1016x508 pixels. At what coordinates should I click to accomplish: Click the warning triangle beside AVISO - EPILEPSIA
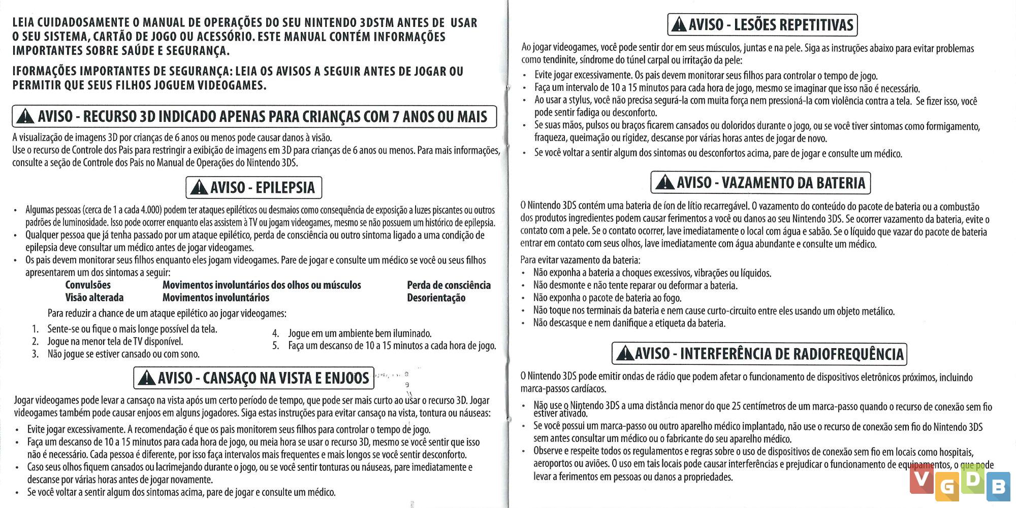[x=198, y=188]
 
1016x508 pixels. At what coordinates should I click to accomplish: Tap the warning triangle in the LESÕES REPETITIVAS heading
[x=679, y=25]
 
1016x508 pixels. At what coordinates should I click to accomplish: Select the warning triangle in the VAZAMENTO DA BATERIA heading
[x=664, y=183]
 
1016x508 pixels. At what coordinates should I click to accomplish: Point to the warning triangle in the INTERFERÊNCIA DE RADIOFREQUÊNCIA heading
[x=625, y=354]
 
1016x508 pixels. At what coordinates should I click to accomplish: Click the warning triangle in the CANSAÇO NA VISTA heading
[x=147, y=378]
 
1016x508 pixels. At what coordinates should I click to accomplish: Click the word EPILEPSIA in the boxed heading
[x=285, y=188]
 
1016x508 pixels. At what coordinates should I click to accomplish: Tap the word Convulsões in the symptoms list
[x=88, y=285]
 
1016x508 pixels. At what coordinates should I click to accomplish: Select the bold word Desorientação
[x=436, y=298]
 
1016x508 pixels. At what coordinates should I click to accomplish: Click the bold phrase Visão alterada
[x=94, y=298]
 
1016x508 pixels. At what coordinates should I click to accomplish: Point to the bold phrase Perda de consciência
[x=449, y=285]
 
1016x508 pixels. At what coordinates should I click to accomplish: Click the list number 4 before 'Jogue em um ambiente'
[x=275, y=333]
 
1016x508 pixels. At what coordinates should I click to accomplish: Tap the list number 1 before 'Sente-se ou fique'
[x=35, y=329]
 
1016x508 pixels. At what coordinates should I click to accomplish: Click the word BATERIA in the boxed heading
[x=841, y=183]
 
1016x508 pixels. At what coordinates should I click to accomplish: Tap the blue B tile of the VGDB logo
[x=998, y=487]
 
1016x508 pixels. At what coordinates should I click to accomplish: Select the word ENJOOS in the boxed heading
[x=347, y=378]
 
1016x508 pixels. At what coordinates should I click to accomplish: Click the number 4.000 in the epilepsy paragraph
[x=151, y=210]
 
